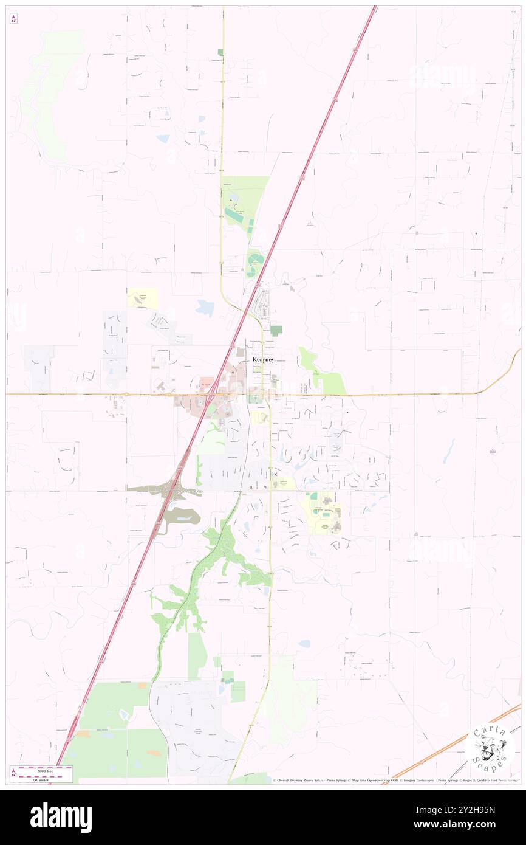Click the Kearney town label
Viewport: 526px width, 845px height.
pos(263,360)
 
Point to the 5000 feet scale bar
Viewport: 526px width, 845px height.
pos(46,768)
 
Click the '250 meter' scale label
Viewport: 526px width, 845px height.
pos(46,776)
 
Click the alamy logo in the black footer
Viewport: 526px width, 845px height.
pos(61,818)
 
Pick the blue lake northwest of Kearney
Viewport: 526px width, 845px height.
pos(205,308)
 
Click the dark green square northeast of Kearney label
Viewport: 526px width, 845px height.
pos(276,330)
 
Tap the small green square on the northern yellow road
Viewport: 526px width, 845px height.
pos(220,52)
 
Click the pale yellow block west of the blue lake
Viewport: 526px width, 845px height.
pos(143,297)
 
